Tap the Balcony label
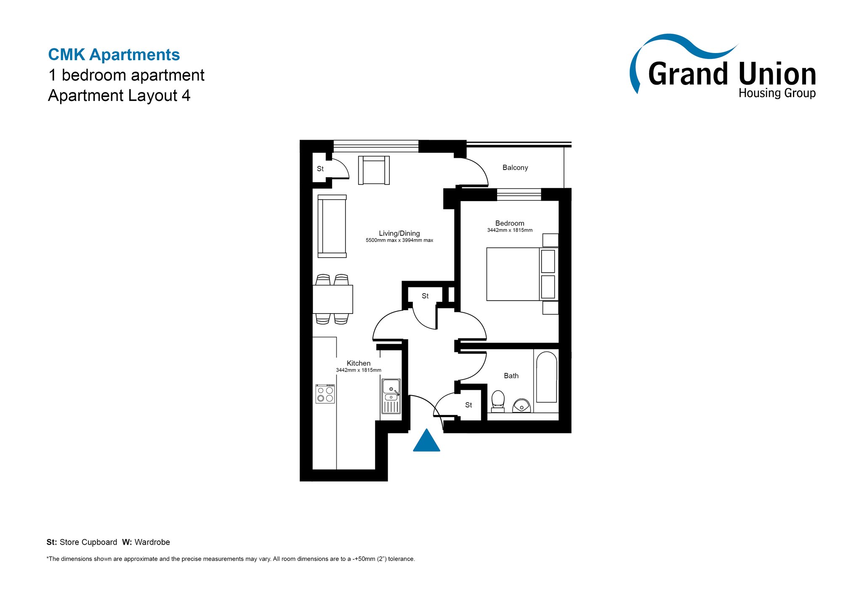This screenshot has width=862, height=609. click(515, 168)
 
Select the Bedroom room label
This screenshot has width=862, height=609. click(510, 223)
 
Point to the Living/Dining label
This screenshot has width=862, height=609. click(399, 234)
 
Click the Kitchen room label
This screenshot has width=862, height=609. click(359, 363)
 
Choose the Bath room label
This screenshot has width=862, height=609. click(511, 376)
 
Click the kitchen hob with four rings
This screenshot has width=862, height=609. click(325, 394)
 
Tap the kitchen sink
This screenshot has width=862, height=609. click(391, 396)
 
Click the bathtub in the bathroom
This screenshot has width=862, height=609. click(547, 377)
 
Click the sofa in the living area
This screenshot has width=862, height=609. click(332, 226)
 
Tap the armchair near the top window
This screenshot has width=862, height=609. click(374, 170)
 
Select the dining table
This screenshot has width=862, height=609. click(333, 299)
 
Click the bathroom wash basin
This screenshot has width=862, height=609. click(521, 406)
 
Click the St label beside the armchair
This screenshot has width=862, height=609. click(320, 169)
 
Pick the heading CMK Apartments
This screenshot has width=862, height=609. click(114, 55)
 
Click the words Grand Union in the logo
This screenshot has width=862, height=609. click(732, 74)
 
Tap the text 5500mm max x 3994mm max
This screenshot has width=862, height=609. click(399, 240)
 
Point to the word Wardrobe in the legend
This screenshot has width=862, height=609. click(152, 542)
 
